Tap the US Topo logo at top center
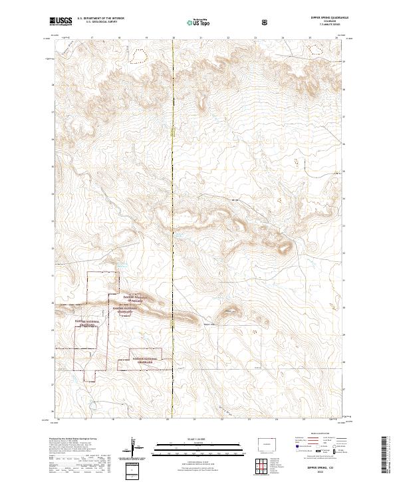pos(193,21)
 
